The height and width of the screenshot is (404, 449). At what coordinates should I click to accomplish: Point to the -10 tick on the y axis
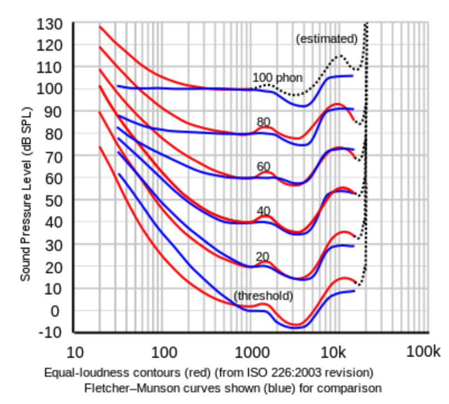coord(51,333)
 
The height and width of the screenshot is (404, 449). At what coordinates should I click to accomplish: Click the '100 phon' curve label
coord(277,78)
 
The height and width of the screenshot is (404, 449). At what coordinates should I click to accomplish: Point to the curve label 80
coord(263,122)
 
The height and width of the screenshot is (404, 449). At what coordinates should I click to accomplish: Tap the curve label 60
coord(263,166)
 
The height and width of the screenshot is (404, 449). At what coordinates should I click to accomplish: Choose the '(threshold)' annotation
coord(263,295)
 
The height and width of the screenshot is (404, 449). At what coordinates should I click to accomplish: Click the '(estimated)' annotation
coord(326,39)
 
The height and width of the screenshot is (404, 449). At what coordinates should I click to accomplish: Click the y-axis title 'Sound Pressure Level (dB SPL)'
coord(25,194)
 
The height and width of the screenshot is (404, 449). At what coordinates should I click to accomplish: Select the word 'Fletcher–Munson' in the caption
coord(122,387)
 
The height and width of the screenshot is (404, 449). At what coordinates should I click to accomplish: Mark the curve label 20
coord(262,257)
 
